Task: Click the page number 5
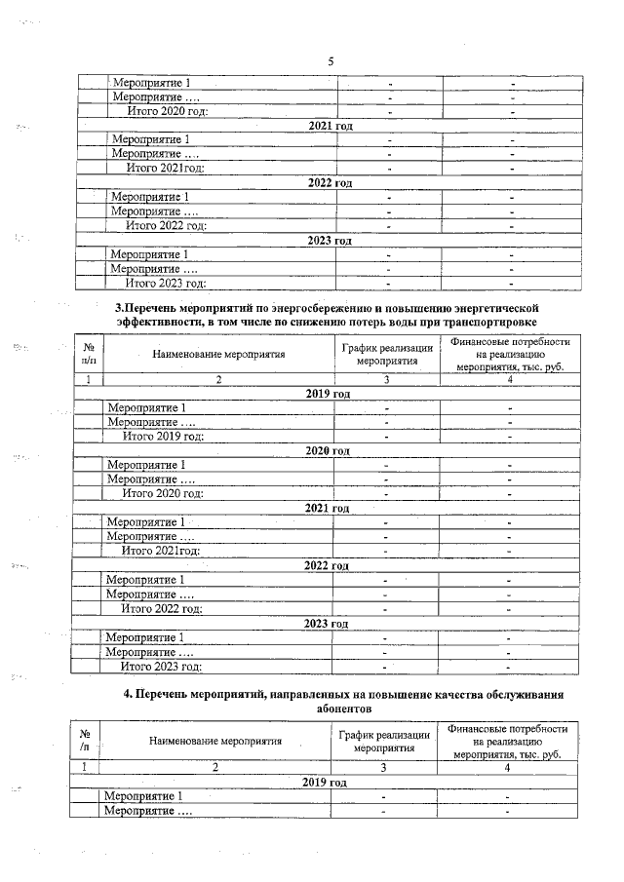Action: (331, 61)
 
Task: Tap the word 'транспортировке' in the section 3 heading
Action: (487, 322)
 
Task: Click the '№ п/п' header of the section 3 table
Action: (88, 354)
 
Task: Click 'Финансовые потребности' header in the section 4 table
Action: (507, 728)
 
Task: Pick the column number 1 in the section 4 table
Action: (85, 768)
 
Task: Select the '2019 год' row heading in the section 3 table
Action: (327, 394)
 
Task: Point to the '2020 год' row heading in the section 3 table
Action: (328, 451)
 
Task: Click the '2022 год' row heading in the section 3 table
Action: (328, 566)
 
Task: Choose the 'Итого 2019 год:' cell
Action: (162, 437)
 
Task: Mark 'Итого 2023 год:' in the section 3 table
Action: (161, 667)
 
